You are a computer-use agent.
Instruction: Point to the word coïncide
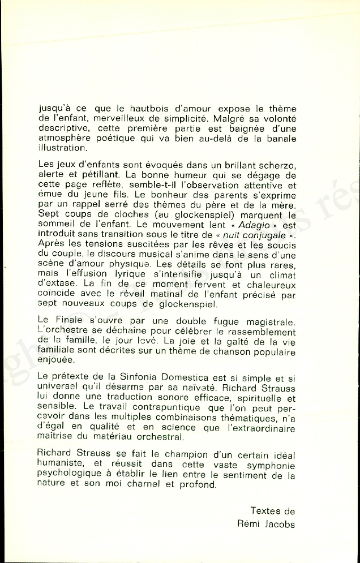[x=56, y=295]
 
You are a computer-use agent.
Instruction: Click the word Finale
[x=70, y=323]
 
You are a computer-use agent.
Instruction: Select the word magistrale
[x=265, y=323]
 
